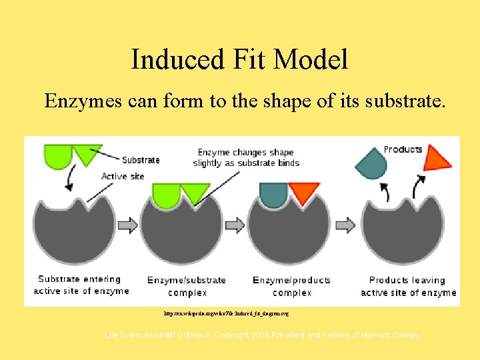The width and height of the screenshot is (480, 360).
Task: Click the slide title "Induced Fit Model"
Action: (x=239, y=59)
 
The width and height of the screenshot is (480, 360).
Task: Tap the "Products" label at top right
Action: (x=403, y=149)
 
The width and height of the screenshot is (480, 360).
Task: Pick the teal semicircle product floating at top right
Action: (x=371, y=161)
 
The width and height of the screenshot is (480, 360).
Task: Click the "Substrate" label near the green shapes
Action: (x=141, y=160)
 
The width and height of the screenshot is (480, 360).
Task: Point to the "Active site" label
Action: (x=123, y=177)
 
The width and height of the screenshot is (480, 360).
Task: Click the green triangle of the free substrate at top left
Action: (x=86, y=153)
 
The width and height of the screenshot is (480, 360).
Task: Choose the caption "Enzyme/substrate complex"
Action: (x=187, y=287)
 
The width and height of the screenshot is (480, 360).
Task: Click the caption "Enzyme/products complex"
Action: (x=291, y=287)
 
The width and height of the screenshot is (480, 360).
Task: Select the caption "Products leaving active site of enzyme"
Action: (x=408, y=287)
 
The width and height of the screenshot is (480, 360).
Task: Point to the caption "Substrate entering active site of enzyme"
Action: (x=81, y=285)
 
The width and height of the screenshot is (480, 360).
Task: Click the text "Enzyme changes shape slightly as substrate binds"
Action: (x=246, y=158)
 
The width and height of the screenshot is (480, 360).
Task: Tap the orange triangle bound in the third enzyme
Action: (x=304, y=193)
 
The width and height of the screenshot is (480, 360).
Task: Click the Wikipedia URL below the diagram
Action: (x=226, y=312)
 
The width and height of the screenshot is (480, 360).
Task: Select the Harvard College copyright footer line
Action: (x=262, y=335)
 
